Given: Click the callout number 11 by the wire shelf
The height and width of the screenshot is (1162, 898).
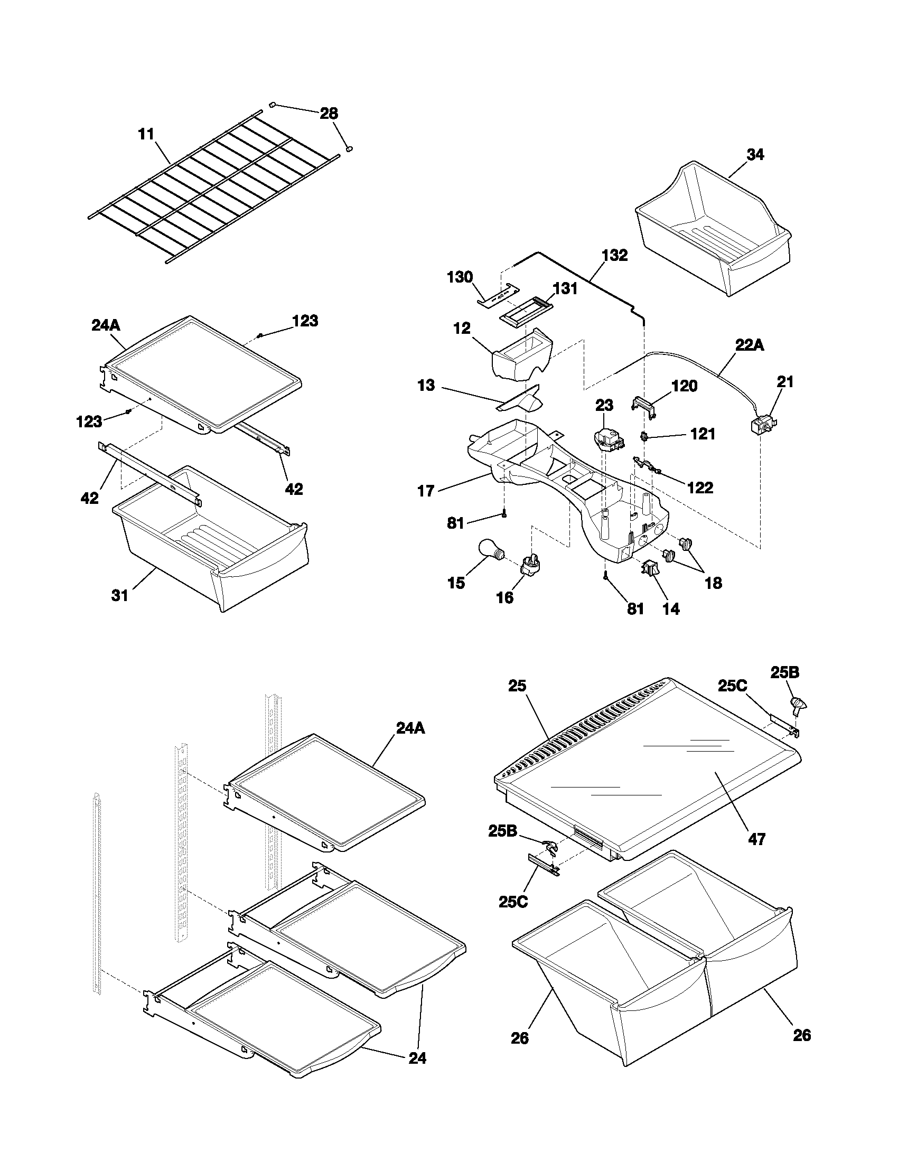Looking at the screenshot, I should pyautogui.click(x=146, y=134).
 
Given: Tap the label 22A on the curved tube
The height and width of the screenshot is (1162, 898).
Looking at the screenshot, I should pyautogui.click(x=750, y=345).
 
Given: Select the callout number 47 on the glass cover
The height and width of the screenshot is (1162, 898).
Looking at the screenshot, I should pyautogui.click(x=756, y=840).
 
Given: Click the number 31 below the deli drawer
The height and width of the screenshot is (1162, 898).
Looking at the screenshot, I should pyautogui.click(x=120, y=595).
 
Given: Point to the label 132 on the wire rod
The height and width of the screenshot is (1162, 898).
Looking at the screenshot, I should pyautogui.click(x=614, y=255).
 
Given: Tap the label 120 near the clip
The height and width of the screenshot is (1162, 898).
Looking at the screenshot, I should pyautogui.click(x=685, y=386).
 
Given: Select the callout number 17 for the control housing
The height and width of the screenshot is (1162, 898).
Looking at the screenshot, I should pyautogui.click(x=426, y=491).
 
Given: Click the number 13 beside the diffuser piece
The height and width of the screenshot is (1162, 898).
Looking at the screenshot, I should pyautogui.click(x=426, y=385).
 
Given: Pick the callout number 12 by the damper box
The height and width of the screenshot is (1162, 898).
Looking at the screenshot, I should pyautogui.click(x=462, y=329).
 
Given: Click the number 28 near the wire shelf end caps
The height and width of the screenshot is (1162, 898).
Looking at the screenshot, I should pyautogui.click(x=329, y=114).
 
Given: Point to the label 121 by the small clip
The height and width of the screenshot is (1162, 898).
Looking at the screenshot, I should pyautogui.click(x=703, y=434).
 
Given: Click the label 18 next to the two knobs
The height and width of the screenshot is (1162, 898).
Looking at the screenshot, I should pyautogui.click(x=713, y=583).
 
